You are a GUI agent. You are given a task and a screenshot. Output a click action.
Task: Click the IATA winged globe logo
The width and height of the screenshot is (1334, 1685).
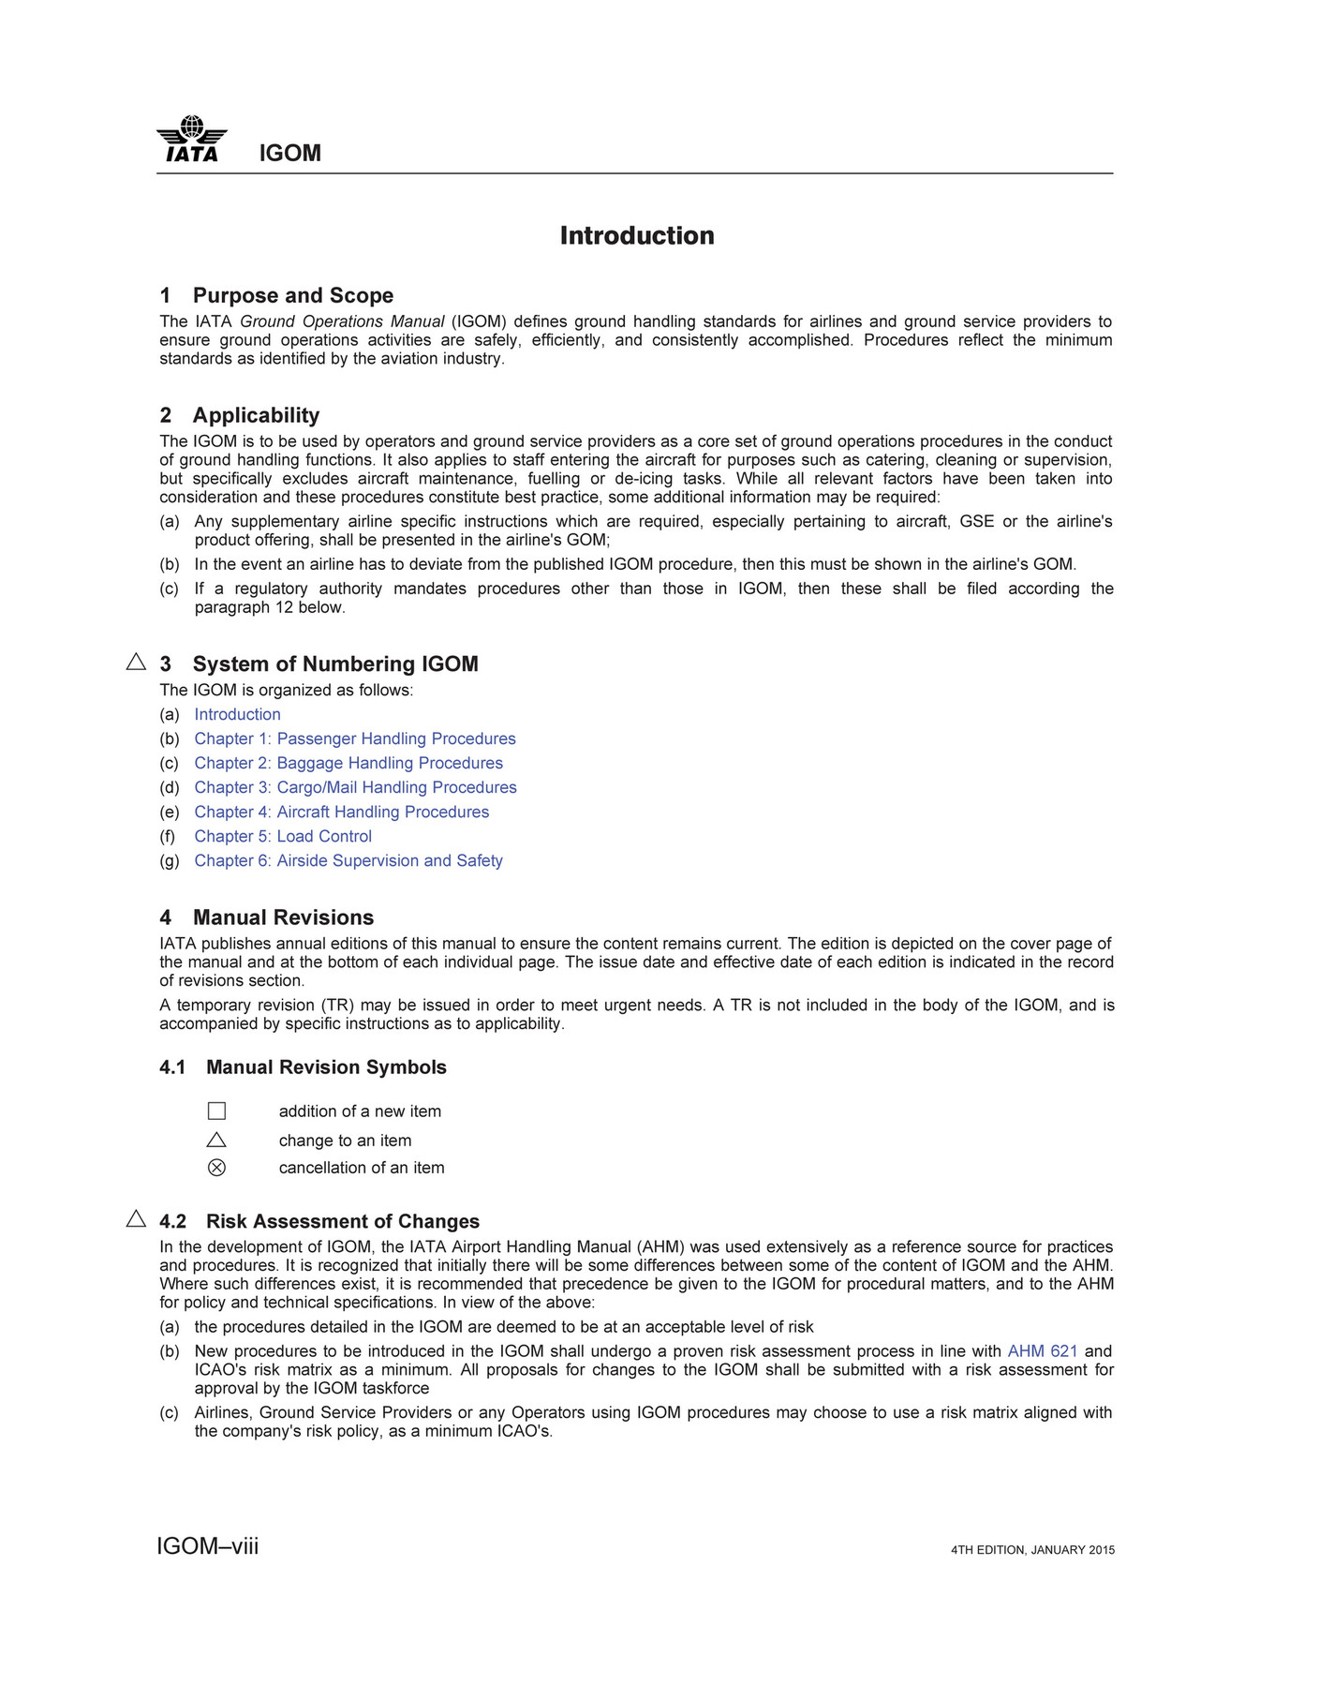click(x=192, y=140)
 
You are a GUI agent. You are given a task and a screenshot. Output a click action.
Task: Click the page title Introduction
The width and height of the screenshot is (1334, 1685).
click(x=637, y=235)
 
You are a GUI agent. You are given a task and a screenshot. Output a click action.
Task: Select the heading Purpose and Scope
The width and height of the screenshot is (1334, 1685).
click(x=292, y=295)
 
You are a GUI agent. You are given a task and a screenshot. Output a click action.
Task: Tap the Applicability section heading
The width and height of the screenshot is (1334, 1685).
click(x=256, y=415)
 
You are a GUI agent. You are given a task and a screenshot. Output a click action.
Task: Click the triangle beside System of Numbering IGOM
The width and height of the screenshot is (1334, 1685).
click(x=136, y=662)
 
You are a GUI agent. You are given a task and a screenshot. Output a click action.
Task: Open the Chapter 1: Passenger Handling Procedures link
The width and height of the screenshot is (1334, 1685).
click(x=355, y=738)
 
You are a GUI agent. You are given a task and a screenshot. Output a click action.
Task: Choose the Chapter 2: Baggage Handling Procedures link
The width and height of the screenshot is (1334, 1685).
click(x=348, y=763)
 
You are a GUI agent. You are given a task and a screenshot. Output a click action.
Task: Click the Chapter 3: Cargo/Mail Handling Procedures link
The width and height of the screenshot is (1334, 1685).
click(x=355, y=787)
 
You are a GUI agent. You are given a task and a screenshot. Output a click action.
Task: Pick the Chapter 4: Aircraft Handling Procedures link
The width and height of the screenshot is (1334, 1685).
click(x=342, y=812)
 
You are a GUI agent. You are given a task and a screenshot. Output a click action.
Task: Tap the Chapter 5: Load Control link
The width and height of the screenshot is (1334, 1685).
click(x=283, y=836)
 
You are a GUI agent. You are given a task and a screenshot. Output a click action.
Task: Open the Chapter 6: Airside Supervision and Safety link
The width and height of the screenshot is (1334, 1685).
click(x=348, y=860)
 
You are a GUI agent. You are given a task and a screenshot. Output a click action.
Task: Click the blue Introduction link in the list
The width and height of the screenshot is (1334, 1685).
click(x=237, y=714)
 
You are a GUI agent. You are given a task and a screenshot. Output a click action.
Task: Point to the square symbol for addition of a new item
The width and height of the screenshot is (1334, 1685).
click(x=216, y=1111)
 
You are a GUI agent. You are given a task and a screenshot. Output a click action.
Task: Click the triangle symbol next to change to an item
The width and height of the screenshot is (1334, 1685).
click(x=216, y=1140)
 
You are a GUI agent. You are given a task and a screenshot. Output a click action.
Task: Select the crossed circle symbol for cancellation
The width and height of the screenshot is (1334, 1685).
click(x=216, y=1168)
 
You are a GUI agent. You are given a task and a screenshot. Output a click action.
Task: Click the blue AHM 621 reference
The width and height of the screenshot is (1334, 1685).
click(x=1042, y=1350)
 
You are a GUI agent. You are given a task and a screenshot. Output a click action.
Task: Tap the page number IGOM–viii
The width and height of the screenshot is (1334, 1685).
click(x=208, y=1546)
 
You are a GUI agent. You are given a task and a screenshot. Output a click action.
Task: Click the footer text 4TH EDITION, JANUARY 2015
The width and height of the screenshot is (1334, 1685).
click(x=1032, y=1550)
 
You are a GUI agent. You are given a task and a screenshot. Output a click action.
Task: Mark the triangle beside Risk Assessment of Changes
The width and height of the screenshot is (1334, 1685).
click(x=136, y=1218)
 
